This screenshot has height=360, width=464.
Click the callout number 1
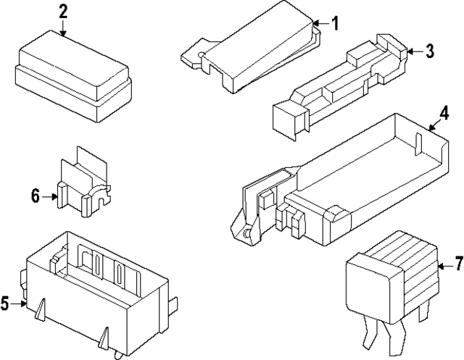coord(335,23)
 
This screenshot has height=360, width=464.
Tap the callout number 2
coord(63,12)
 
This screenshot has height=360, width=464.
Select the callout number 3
coord(429,51)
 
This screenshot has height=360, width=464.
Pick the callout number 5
coord(5,303)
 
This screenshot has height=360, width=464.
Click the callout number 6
coord(35,196)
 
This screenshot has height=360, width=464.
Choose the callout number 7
coord(457,261)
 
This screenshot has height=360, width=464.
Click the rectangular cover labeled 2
coord(72,72)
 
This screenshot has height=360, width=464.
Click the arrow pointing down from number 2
coord(63,29)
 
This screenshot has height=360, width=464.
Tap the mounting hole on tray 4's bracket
coord(249,234)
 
